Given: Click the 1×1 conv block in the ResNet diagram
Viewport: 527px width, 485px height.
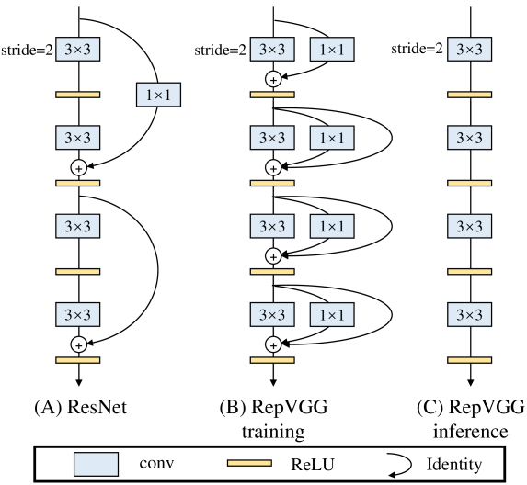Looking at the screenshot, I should coord(157,94).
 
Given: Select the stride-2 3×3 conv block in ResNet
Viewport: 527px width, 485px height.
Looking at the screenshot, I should coord(78,50).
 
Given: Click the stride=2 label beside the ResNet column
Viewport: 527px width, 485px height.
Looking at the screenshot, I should coord(26,50).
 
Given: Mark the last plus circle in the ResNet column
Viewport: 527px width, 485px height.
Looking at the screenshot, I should coord(78,344).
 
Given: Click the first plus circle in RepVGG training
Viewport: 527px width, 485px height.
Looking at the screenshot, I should coord(272,80).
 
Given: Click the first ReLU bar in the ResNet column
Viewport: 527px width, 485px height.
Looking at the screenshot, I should coord(78,95).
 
